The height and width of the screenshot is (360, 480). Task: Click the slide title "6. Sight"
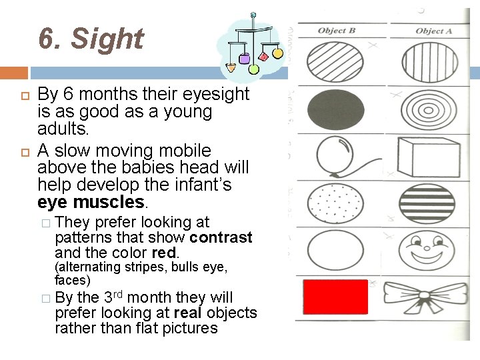pos(91,39)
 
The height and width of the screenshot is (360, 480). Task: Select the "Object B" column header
pos(337,31)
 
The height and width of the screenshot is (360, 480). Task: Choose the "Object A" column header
pos(433,31)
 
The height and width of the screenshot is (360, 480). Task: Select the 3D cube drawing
pos(427,156)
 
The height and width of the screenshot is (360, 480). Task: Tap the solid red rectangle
pos(335,297)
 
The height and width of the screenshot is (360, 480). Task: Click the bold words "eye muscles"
pos(91,201)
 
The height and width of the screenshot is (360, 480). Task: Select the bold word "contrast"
pos(221,237)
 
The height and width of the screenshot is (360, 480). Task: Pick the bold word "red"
pos(164,253)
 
